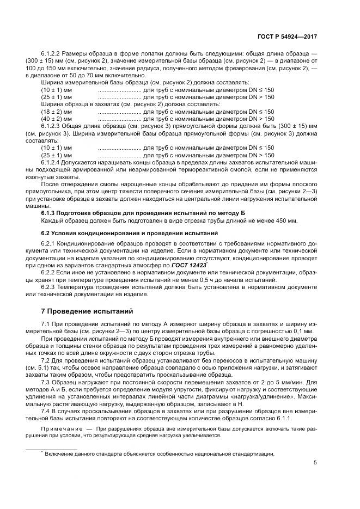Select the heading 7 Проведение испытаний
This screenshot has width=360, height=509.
click(x=88, y=311)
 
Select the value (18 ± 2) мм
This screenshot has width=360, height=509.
click(x=57, y=112)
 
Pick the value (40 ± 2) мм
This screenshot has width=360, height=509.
click(x=57, y=118)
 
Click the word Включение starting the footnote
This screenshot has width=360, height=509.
click(x=60, y=453)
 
